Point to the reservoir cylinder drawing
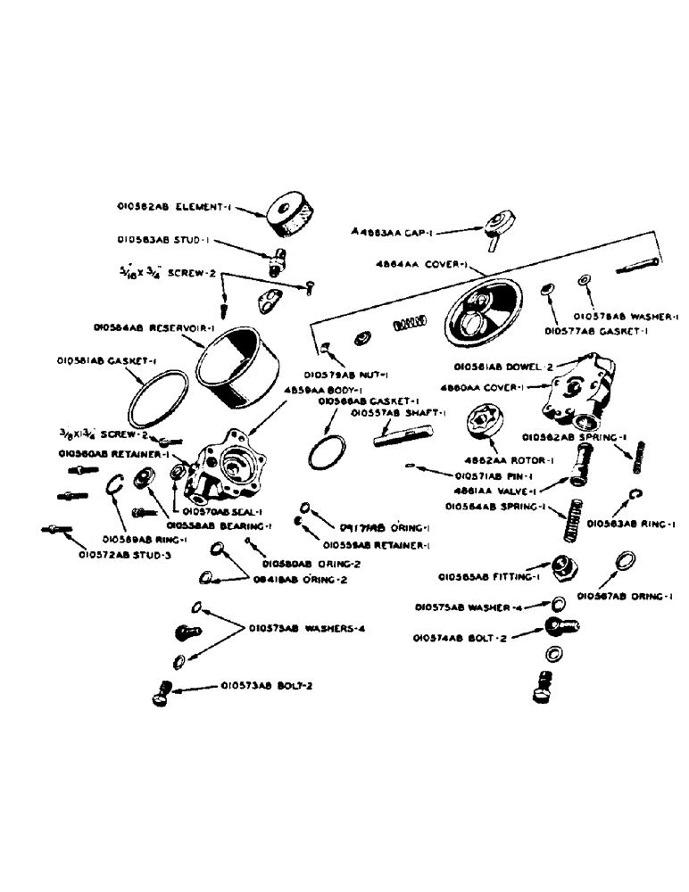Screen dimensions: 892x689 [241, 368]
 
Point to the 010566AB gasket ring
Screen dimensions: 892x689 [326, 451]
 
